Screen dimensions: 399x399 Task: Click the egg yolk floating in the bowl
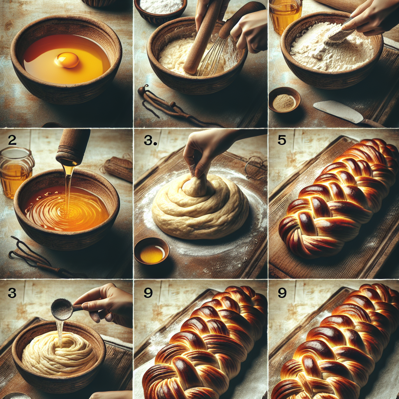click(67, 60)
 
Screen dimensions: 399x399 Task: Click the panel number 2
click(12, 140)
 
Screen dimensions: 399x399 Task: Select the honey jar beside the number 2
click(16, 171)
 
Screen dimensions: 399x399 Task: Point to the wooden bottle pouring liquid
click(73, 146)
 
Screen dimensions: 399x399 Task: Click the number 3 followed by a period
click(150, 141)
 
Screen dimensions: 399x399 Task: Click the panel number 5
click(282, 140)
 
